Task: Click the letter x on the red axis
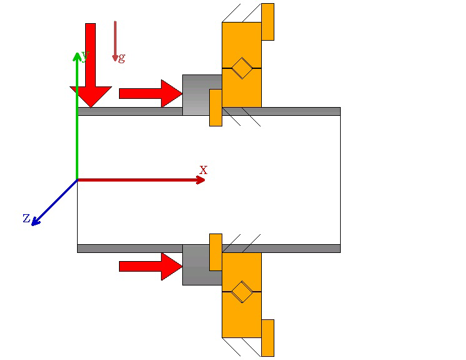pyautogui.click(x=203, y=170)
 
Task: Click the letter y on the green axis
pyautogui.click(x=85, y=56)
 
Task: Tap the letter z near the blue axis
pyautogui.click(x=26, y=218)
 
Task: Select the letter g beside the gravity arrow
pyautogui.click(x=122, y=58)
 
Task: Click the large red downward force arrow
pyautogui.click(x=91, y=69)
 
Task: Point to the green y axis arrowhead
pyautogui.click(x=77, y=56)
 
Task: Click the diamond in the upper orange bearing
pyautogui.click(x=242, y=68)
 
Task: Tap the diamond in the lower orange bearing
pyautogui.click(x=242, y=292)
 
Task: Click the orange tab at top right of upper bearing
pyautogui.click(x=267, y=22)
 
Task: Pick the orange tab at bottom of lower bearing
pyautogui.click(x=267, y=337)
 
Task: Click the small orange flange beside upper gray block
pyautogui.click(x=215, y=107)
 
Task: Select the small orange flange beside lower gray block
pyautogui.click(x=215, y=252)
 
